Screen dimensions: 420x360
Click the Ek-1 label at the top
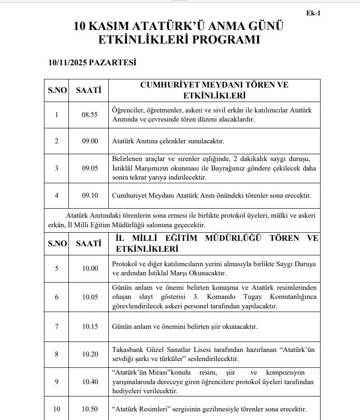tap(314, 13)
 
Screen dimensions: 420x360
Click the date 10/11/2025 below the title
tap(68, 63)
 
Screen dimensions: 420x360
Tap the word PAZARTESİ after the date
tap(112, 63)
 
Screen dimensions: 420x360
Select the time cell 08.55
tap(90, 115)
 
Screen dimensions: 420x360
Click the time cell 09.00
tap(90, 141)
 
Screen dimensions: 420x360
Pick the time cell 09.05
tap(90, 168)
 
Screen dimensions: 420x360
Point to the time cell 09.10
tap(90, 195)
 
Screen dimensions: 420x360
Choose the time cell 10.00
tap(90, 269)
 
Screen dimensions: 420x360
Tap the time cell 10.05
tap(90, 297)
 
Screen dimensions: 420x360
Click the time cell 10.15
tap(90, 327)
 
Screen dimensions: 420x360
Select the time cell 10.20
tap(90, 354)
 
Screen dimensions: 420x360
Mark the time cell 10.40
tap(90, 381)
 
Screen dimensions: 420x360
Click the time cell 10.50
tap(90, 409)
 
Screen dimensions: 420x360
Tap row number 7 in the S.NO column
tap(57, 327)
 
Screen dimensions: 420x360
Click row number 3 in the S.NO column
tap(57, 168)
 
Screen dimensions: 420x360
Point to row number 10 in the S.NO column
tap(57, 409)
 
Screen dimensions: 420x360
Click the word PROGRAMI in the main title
tap(225, 39)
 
